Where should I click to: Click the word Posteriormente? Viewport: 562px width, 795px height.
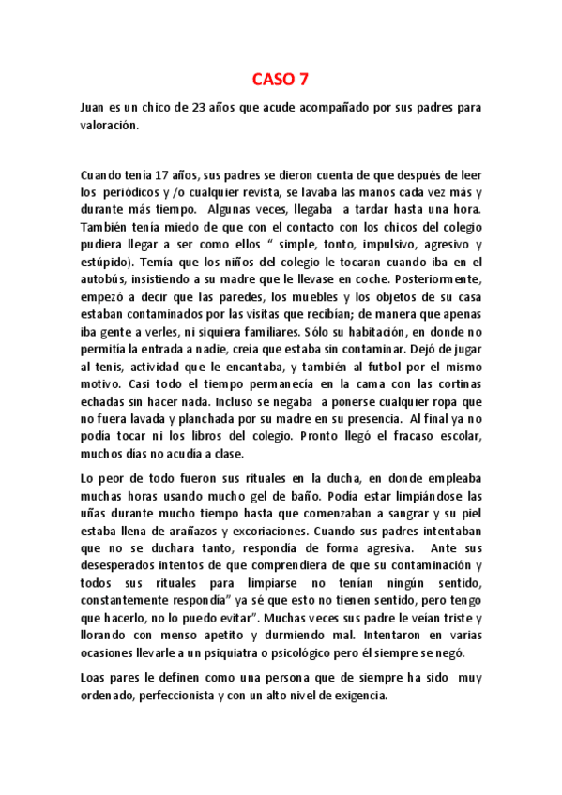440,279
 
